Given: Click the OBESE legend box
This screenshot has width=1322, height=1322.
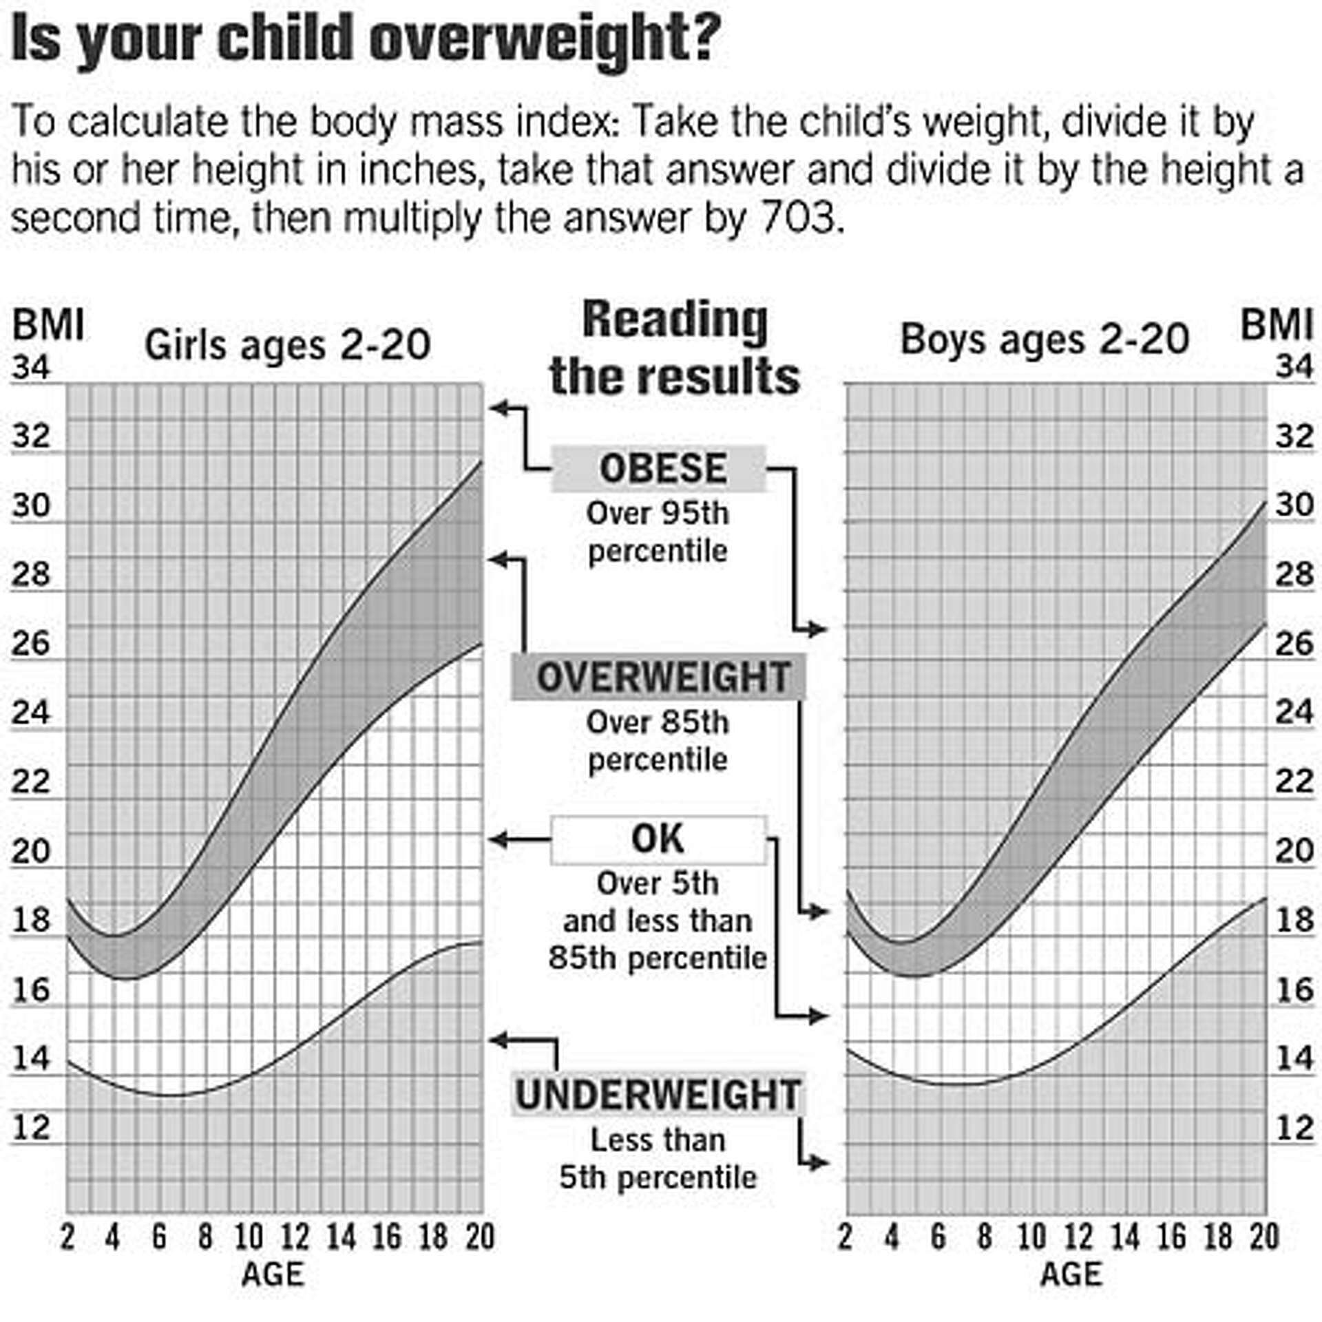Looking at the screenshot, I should [658, 469].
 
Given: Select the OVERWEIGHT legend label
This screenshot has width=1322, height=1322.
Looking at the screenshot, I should [658, 677].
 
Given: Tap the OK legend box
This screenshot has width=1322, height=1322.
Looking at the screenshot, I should [658, 839].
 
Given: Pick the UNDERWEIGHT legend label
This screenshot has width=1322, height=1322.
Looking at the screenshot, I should [658, 1095].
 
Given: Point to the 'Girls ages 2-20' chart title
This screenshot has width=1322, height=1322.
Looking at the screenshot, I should [287, 345].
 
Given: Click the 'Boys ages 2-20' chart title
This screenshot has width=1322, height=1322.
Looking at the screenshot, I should [1045, 339].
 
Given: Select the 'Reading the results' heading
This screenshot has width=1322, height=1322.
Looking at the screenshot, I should [674, 348].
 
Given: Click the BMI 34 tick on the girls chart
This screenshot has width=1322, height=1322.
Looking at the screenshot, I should [31, 368].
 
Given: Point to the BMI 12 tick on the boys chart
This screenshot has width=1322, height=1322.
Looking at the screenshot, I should [1294, 1127].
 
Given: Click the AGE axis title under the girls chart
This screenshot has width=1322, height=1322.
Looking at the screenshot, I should [273, 1274].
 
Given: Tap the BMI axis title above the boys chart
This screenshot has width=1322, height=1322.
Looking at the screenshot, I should [1276, 325].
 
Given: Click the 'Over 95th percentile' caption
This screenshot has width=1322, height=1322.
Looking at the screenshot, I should [658, 532].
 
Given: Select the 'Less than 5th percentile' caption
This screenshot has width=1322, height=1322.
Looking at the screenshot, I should [658, 1159].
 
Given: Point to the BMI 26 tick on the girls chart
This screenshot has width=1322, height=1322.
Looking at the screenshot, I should [31, 644].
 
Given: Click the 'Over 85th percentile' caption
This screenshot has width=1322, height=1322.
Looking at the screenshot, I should [658, 742].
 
